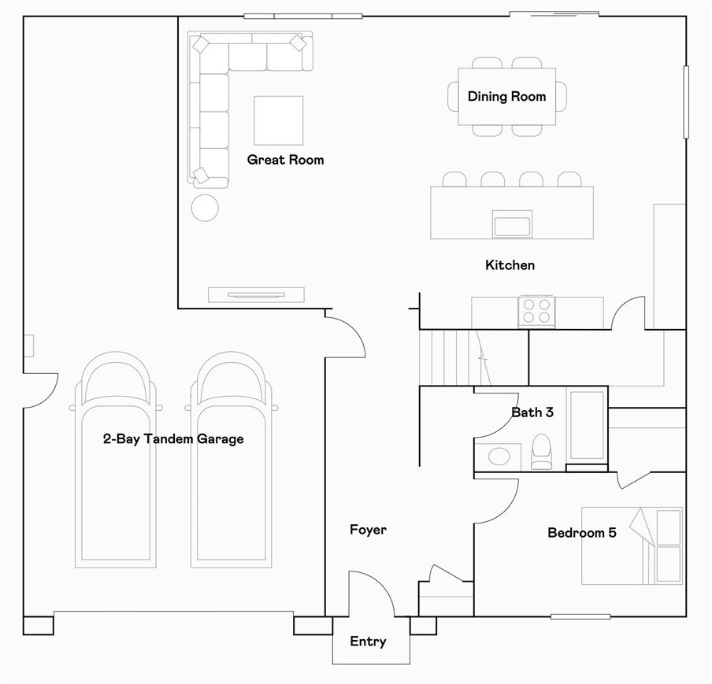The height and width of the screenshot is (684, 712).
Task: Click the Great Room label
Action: click(x=285, y=160)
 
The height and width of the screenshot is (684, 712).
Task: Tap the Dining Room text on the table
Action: click(x=506, y=97)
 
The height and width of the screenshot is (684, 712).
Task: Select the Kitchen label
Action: click(x=510, y=265)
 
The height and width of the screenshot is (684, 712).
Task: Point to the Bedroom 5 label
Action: click(x=581, y=533)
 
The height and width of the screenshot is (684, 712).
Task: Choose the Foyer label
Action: click(x=368, y=530)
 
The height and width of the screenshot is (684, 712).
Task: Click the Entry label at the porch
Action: click(x=368, y=641)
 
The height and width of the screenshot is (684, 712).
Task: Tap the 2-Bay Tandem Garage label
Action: click(x=173, y=439)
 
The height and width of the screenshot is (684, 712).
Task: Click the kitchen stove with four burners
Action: click(x=536, y=311)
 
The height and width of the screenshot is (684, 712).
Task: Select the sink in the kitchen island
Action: click(x=512, y=224)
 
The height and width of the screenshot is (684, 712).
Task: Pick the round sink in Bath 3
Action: click(x=498, y=457)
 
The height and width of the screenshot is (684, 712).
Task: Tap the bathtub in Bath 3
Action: click(x=586, y=424)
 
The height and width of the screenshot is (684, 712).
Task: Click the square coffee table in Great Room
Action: click(x=278, y=120)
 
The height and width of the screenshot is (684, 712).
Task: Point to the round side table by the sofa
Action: click(x=206, y=208)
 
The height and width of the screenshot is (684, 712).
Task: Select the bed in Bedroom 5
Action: click(x=632, y=546)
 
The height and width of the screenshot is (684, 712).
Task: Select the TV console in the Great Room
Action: click(x=256, y=294)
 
